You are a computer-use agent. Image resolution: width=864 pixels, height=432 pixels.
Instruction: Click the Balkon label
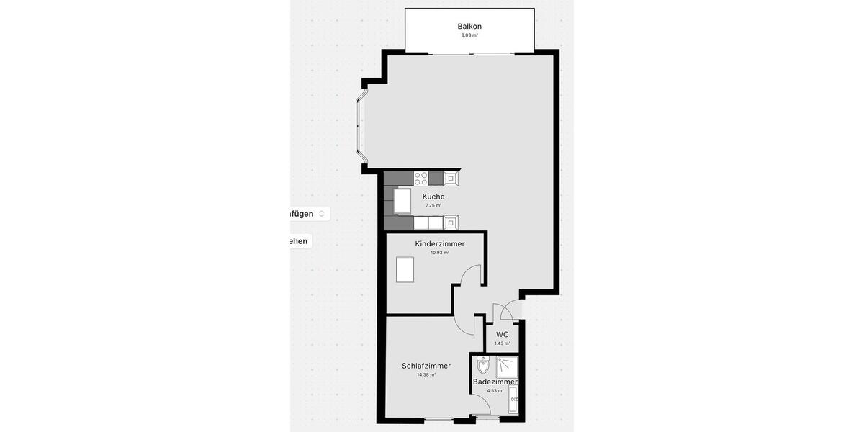pyautogui.click(x=469, y=26)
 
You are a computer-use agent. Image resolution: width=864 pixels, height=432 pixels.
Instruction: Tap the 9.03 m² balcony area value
pyautogui.click(x=469, y=35)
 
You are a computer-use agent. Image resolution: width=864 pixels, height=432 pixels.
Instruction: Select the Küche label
pyautogui.click(x=433, y=197)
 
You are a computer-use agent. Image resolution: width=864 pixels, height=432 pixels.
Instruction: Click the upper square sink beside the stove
pyautogui.click(x=451, y=177)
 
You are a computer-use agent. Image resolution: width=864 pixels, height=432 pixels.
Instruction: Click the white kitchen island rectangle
pyautogui.click(x=402, y=201)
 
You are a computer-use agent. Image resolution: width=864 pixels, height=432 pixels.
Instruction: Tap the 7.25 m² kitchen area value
pyautogui.click(x=433, y=205)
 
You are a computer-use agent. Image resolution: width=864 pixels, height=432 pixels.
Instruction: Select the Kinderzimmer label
pyautogui.click(x=440, y=244)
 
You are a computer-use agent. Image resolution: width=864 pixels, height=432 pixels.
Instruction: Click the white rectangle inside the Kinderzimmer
pyautogui.click(x=405, y=271)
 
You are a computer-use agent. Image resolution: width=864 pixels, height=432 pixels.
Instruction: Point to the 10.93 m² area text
pyautogui.click(x=440, y=253)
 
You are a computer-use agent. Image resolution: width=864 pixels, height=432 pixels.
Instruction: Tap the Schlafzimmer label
pyautogui.click(x=426, y=366)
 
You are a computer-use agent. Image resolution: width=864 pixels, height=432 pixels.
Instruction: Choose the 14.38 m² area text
pyautogui.click(x=426, y=374)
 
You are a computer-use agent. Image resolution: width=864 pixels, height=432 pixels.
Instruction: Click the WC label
pyautogui.click(x=502, y=335)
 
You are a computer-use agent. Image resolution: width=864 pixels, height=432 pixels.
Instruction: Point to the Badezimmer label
pyautogui.click(x=495, y=382)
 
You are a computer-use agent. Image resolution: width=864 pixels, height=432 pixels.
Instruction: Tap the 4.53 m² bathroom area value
pyautogui.click(x=495, y=390)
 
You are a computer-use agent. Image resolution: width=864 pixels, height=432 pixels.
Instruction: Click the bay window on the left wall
pyautogui.click(x=359, y=122)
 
